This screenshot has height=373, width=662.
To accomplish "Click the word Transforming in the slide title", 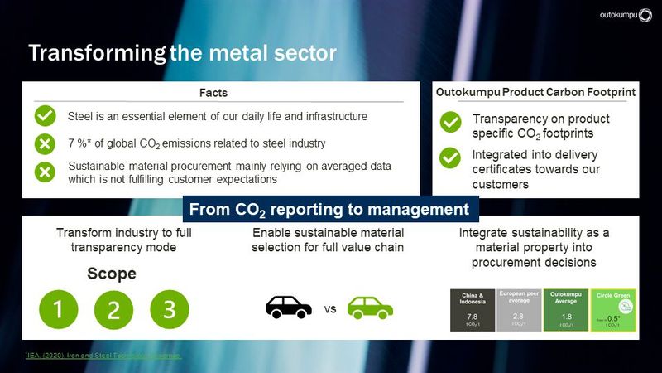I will pyautogui.click(x=97, y=54).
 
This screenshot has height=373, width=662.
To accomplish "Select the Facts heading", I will pyautogui.click(x=213, y=93).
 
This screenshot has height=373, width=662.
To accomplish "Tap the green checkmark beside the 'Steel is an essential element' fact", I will pyautogui.click(x=46, y=116).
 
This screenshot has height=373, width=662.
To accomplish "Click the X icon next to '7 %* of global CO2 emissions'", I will pyautogui.click(x=46, y=143).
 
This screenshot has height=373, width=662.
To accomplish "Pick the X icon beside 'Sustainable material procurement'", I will pyautogui.click(x=46, y=172).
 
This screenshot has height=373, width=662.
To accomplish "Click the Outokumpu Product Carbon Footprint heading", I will pyautogui.click(x=535, y=93).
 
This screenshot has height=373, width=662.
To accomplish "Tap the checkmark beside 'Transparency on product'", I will pyautogui.click(x=450, y=123).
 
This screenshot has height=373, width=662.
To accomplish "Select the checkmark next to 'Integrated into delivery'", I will pyautogui.click(x=450, y=157).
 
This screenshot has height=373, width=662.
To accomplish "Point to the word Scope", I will pyautogui.click(x=112, y=274).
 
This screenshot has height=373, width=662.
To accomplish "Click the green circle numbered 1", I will pyautogui.click(x=58, y=310).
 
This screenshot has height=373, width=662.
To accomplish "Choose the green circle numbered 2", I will pyautogui.click(x=113, y=310).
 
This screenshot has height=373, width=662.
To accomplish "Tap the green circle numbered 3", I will pyautogui.click(x=169, y=310).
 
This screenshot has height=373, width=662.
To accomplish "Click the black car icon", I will pyautogui.click(x=289, y=308).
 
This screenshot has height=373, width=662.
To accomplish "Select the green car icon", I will pyautogui.click(x=370, y=308).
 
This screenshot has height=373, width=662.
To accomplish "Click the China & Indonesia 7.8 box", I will pyautogui.click(x=471, y=310).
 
